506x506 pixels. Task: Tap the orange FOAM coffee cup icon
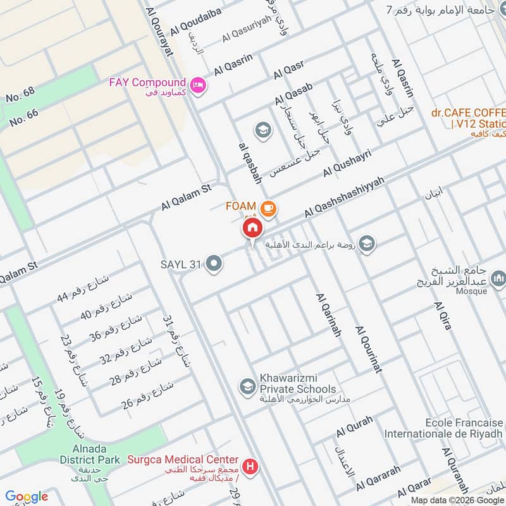point(268,207)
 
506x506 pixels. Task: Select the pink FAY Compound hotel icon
point(198,84)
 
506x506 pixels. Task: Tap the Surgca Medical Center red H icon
point(251,467)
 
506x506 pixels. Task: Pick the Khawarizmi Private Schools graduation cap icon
point(246,385)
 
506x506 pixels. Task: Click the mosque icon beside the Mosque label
point(498,278)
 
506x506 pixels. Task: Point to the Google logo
point(27,497)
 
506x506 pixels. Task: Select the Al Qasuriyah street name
point(246,30)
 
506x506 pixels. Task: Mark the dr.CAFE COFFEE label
point(469,113)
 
